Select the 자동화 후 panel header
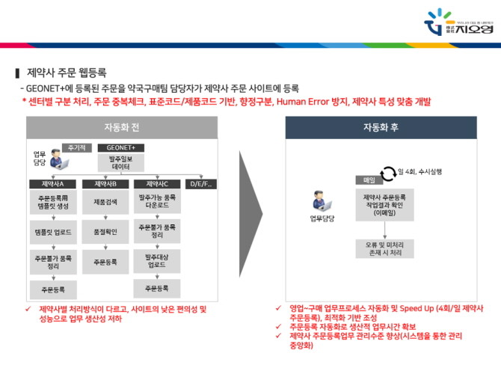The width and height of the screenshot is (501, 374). coord(381,127)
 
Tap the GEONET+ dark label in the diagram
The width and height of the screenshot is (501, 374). coord(121,148)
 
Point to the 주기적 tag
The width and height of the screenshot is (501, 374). coord(76,148)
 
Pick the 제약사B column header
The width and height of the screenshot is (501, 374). coord(105,184)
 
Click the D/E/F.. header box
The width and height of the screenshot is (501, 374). coord(200,184)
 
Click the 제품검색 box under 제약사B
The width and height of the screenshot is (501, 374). coord(105,202)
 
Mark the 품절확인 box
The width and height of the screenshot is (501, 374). coord(105,232)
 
